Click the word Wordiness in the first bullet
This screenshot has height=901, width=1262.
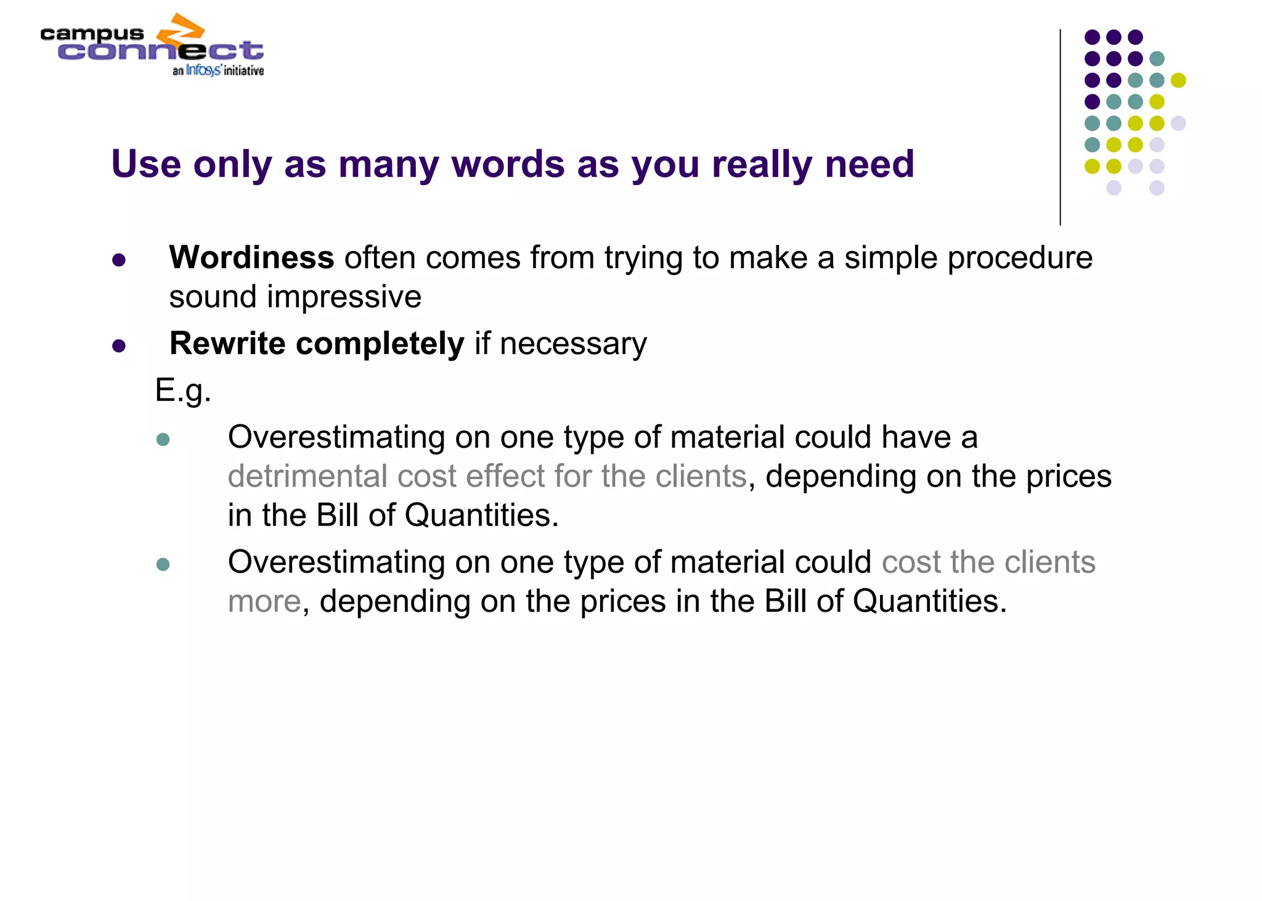coord(251,258)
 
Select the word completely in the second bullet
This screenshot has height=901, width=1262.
coord(380,344)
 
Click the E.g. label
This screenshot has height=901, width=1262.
coord(183,390)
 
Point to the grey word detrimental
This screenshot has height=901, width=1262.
coord(307,476)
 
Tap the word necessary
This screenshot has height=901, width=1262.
coord(573,344)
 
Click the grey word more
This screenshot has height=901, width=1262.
coord(264,601)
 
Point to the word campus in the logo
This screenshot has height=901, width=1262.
coord(92,34)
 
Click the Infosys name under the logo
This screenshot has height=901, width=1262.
coord(203,70)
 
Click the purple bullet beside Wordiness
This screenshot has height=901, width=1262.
coord(119,260)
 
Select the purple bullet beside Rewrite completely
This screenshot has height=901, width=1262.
coord(119,346)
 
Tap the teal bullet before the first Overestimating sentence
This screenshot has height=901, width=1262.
coord(163,440)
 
